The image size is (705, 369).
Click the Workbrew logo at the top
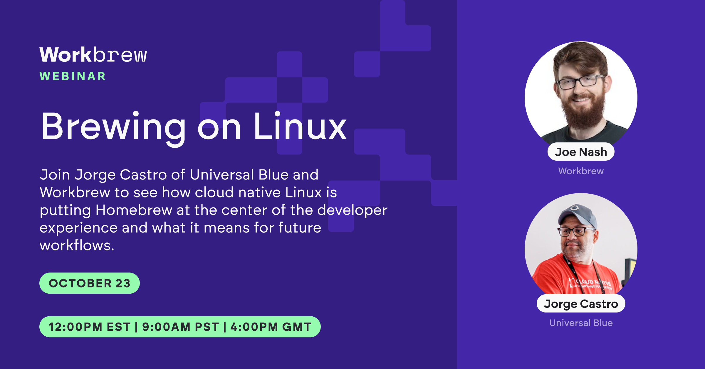93,55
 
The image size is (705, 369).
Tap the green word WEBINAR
73,76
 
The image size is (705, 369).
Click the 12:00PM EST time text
90,327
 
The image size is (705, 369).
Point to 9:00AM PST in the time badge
181,327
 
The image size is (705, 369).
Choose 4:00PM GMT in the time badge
271,327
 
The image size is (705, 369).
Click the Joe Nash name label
581,152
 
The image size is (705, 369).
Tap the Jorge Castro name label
581,304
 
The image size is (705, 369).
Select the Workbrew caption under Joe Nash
581,171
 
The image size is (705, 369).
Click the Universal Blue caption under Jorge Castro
581,323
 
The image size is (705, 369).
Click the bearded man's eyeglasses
580,81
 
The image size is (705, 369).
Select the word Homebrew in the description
134,210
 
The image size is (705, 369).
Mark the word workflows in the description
76,245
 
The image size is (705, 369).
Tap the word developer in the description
352,210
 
